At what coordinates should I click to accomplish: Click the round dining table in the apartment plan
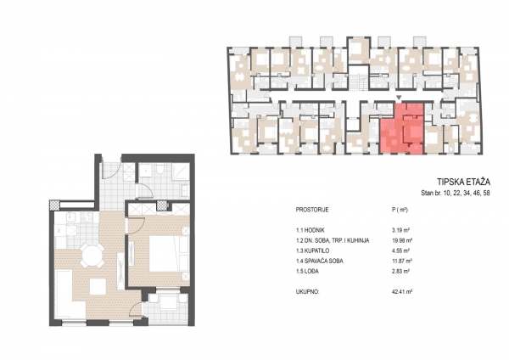pyautogui.click(x=92, y=256)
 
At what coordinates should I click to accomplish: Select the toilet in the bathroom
pyautogui.click(x=159, y=170)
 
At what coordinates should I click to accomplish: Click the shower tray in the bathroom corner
pyautogui.click(x=180, y=172)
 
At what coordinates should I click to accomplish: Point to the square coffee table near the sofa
pyautogui.click(x=98, y=287)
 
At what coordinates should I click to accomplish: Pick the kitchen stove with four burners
pyautogui.click(x=87, y=217)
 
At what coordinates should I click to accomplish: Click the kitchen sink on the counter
pyautogui.click(x=72, y=217)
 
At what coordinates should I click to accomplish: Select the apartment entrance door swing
pyautogui.click(x=111, y=169)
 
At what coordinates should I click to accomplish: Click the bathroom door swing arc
pyautogui.click(x=145, y=191)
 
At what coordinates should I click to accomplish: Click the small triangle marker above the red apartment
pyautogui.click(x=400, y=97)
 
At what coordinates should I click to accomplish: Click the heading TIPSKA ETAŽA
pyautogui.click(x=463, y=182)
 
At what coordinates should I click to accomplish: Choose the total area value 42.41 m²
pyautogui.click(x=402, y=292)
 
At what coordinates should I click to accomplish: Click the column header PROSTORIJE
pyautogui.click(x=312, y=210)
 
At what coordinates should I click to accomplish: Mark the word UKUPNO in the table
pyautogui.click(x=307, y=292)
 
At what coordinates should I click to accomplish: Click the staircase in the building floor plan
pyautogui.click(x=358, y=82)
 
